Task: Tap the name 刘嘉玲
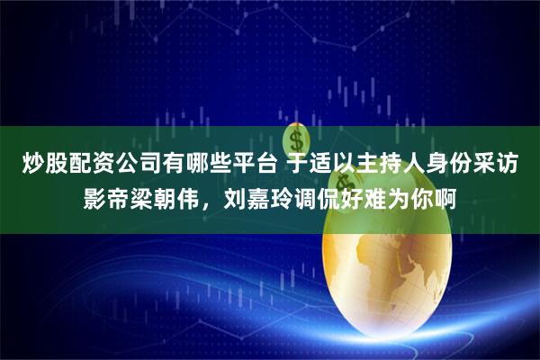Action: (258, 200)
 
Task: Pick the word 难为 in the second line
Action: (395, 200)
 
